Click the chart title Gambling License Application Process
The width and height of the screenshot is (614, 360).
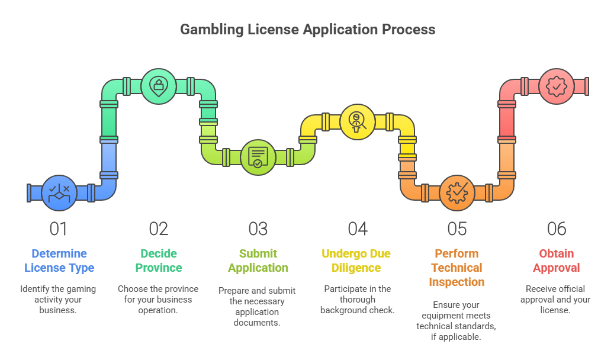307,29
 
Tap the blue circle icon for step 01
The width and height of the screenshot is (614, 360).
59,193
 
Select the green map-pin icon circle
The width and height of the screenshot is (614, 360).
158,86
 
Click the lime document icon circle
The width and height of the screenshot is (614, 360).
258,157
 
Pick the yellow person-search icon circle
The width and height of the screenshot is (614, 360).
357,122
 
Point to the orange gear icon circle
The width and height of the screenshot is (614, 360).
457,193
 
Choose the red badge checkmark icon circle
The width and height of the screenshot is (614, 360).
556,86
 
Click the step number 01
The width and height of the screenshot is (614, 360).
59,229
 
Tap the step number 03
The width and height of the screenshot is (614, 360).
258,229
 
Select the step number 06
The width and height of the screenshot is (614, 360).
557,229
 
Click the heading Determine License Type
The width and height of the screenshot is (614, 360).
59,261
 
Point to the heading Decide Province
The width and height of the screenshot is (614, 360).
159,261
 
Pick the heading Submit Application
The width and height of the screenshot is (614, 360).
258,261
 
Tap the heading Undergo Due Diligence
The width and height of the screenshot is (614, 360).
356,261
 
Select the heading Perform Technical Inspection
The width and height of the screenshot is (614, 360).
457,268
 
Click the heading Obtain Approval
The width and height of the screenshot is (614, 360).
557,261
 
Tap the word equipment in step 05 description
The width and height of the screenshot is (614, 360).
438,316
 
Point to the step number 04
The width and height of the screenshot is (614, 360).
358,229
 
